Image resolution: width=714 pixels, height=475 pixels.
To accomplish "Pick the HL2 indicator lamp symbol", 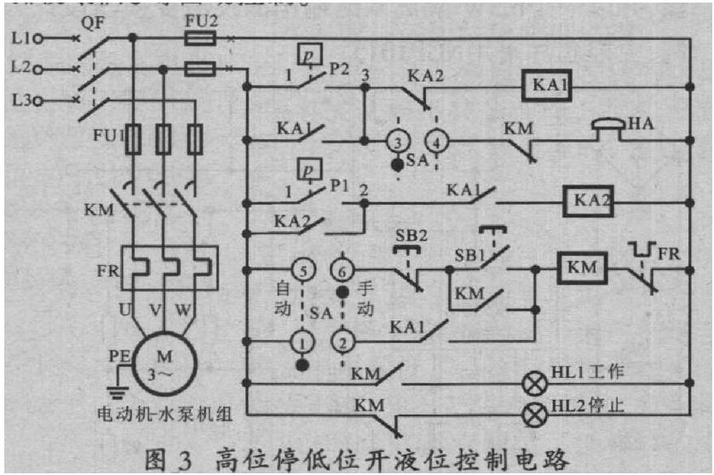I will pyautogui.click(x=535, y=414).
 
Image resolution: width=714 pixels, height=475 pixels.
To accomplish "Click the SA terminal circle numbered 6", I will pyautogui.click(x=342, y=269).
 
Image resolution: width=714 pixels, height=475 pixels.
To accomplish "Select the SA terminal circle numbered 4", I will pyautogui.click(x=436, y=141).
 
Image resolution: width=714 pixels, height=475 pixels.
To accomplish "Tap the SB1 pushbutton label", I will pyautogui.click(x=469, y=254).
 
